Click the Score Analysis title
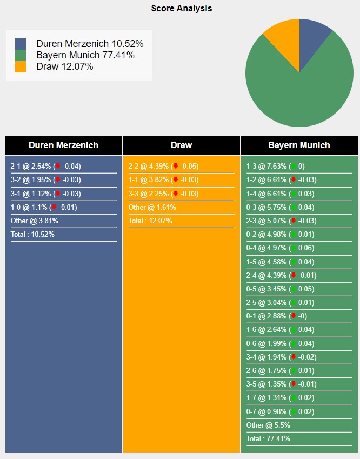(181, 8)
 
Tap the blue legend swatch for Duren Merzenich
(21, 44)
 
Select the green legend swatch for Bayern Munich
(21, 55)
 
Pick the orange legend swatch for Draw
(21, 66)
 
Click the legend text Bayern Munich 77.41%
(85, 55)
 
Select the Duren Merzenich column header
(64, 145)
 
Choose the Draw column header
(182, 145)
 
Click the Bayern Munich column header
(299, 145)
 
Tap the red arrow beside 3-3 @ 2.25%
(175, 194)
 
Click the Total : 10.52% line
(32, 234)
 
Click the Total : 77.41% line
(268, 438)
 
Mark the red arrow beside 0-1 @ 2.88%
(293, 316)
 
